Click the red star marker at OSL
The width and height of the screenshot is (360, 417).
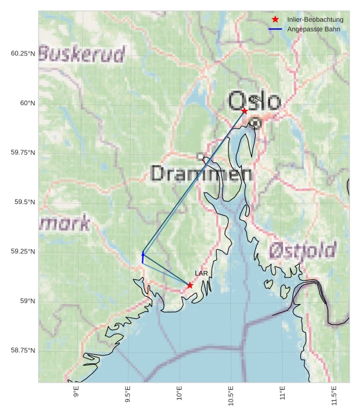pyautogui.click(x=244, y=111)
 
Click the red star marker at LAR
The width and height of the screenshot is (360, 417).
pyautogui.click(x=190, y=285)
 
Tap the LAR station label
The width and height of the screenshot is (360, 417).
pyautogui.click(x=201, y=273)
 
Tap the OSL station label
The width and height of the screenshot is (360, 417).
pyautogui.click(x=256, y=99)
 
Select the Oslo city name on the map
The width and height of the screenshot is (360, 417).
pyautogui.click(x=254, y=101)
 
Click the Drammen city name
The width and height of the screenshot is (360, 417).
pyautogui.click(x=201, y=174)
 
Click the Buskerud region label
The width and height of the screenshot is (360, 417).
pyautogui.click(x=82, y=54)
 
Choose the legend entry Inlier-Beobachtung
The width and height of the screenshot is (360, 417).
pyautogui.click(x=315, y=19)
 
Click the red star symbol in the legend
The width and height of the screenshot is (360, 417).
pyautogui.click(x=276, y=19)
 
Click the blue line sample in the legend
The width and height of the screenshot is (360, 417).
pyautogui.click(x=276, y=29)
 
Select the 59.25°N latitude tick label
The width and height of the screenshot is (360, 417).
pyautogui.click(x=23, y=252)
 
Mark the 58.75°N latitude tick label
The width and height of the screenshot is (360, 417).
pyautogui.click(x=23, y=351)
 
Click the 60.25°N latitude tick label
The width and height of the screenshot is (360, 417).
pyautogui.click(x=23, y=54)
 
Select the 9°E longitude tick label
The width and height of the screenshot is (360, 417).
pyautogui.click(x=76, y=392)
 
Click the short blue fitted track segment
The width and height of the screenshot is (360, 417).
pyautogui.click(x=143, y=257)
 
